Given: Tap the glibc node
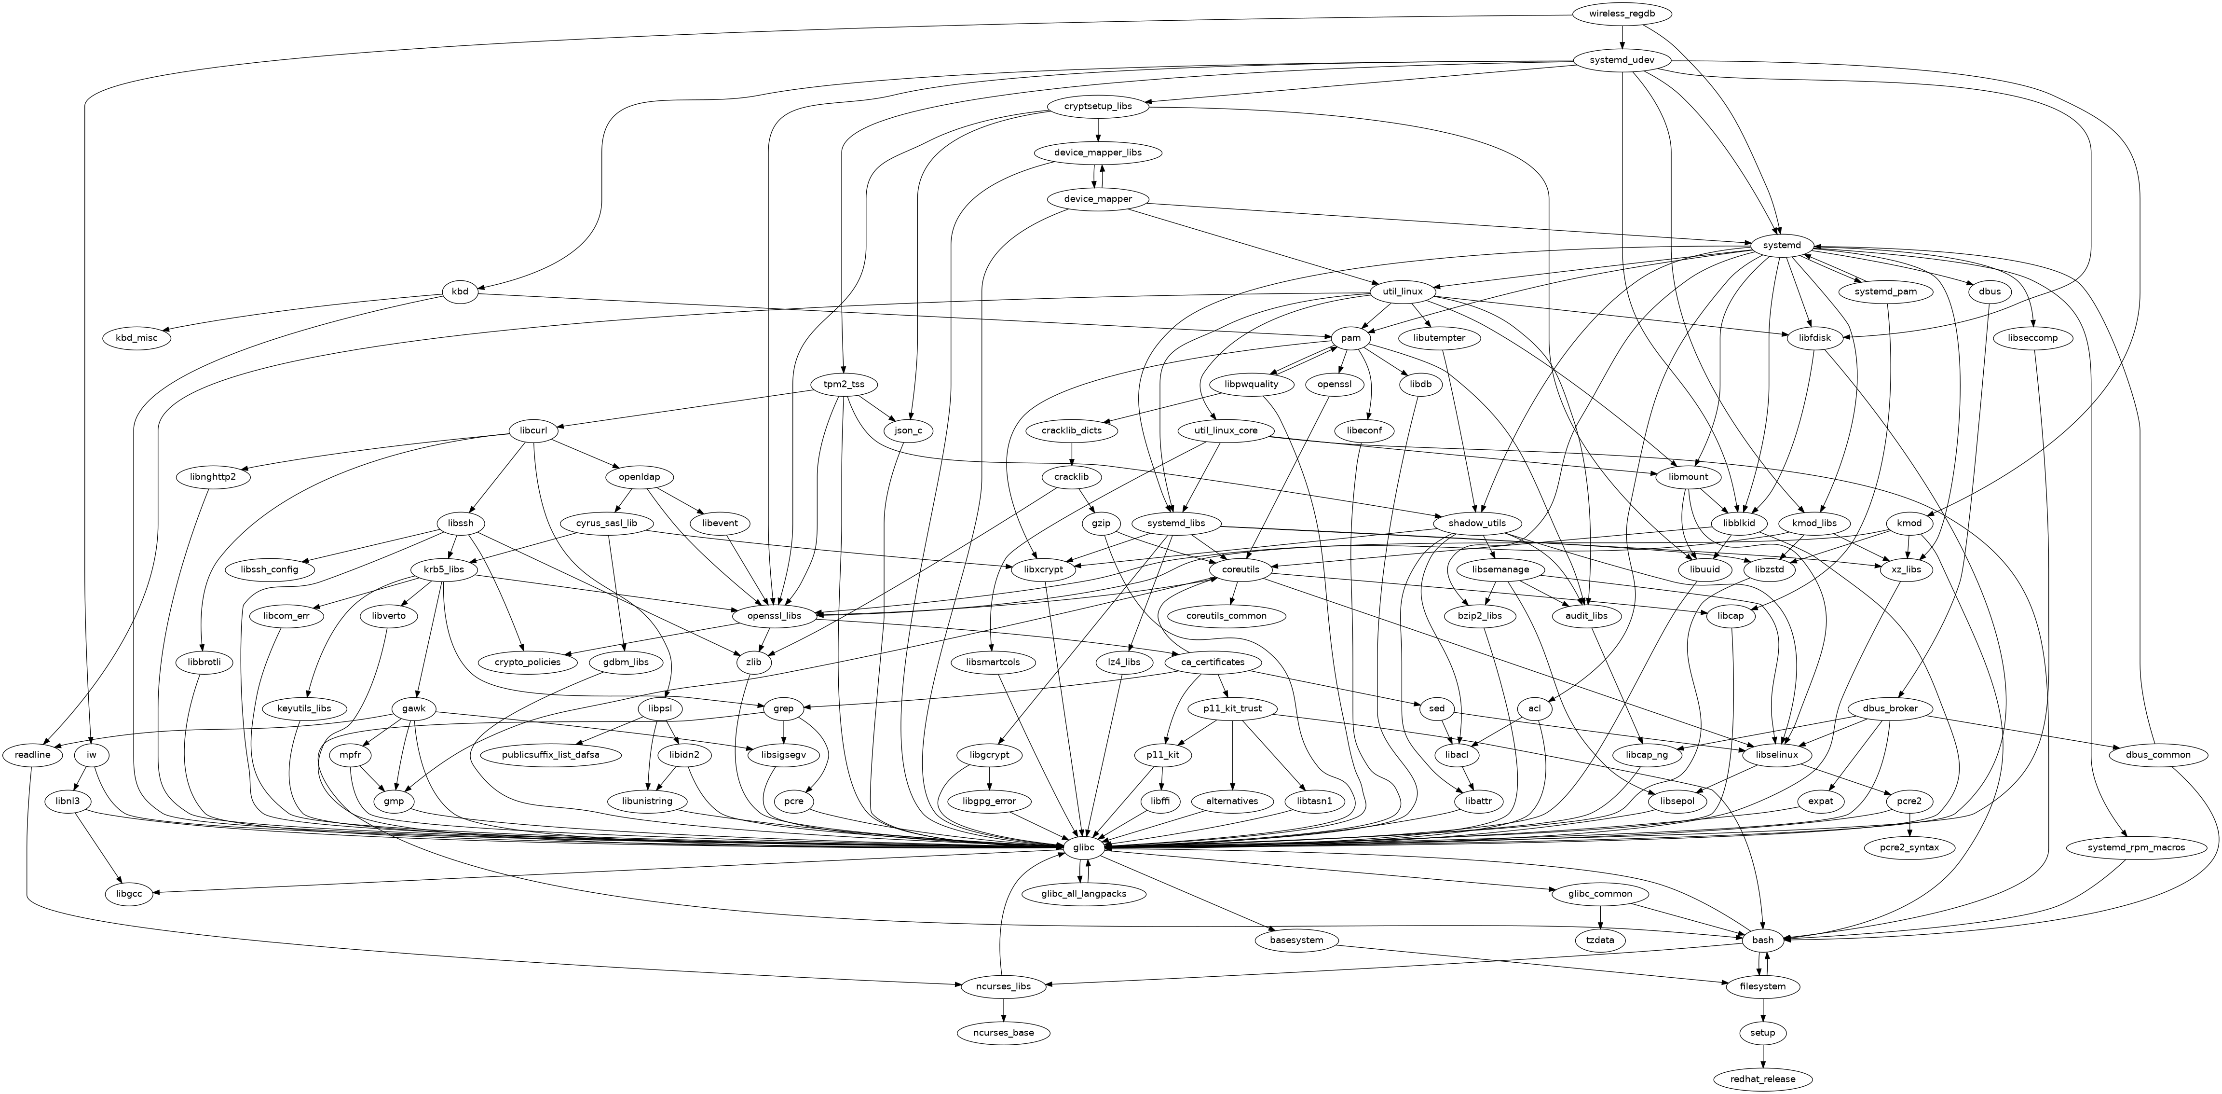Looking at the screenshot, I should click(x=1083, y=847).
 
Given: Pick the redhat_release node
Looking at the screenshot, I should click(x=1762, y=1080).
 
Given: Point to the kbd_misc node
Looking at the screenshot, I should click(x=136, y=338).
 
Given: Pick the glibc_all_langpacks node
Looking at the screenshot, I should click(x=1083, y=894).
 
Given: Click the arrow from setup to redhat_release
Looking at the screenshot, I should click(x=1762, y=1056).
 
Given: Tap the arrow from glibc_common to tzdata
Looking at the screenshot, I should click(x=1600, y=916).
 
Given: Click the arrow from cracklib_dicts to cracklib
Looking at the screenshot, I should click(x=1071, y=454).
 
